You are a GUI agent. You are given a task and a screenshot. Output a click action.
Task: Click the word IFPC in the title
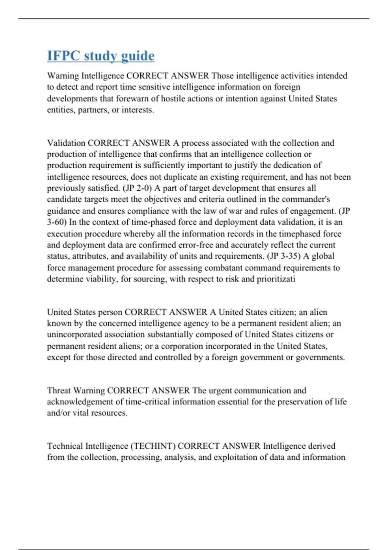point(63,56)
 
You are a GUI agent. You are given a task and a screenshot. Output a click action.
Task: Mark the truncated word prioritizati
point(276,279)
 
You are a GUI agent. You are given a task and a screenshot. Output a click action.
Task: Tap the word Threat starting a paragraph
point(60,390)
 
